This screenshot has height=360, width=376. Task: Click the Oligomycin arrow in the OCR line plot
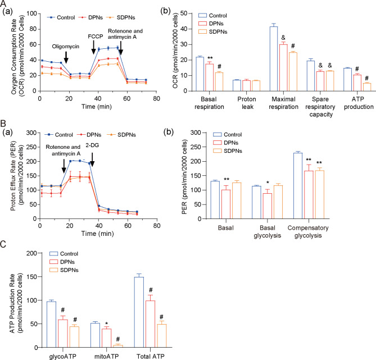[67, 57]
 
